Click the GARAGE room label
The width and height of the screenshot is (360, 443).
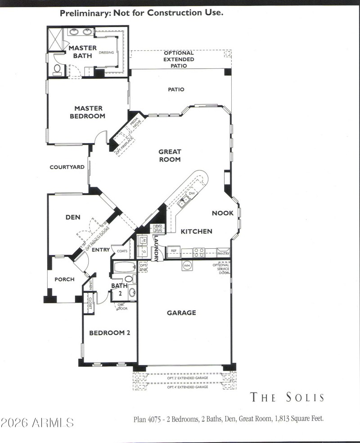pyautogui.click(x=181, y=313)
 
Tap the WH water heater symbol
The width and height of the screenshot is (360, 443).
pyautogui.click(x=187, y=266)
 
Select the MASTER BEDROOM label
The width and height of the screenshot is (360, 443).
pyautogui.click(x=89, y=112)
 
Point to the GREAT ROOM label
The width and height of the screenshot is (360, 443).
pyautogui.click(x=170, y=156)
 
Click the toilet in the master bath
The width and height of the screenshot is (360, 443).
pyautogui.click(x=57, y=69)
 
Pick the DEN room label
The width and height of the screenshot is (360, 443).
pyautogui.click(x=73, y=217)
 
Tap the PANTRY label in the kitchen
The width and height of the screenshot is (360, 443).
pyautogui.click(x=223, y=253)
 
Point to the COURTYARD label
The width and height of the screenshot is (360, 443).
pyautogui.click(x=67, y=167)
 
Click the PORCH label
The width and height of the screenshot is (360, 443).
pyautogui.click(x=64, y=279)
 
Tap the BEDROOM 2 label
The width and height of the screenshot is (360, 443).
pyautogui.click(x=109, y=333)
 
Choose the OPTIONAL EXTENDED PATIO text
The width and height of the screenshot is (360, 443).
pyautogui.click(x=179, y=59)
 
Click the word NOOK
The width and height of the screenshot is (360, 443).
pyautogui.click(x=223, y=213)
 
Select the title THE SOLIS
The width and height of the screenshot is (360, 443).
pyautogui.click(x=287, y=397)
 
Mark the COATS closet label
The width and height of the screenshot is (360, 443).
pyautogui.click(x=122, y=251)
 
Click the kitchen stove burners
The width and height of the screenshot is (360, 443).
pyautogui.click(x=199, y=252)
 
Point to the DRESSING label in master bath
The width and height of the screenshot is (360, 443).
pyautogui.click(x=106, y=52)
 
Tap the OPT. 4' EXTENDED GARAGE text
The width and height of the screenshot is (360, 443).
pyautogui.click(x=187, y=387)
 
